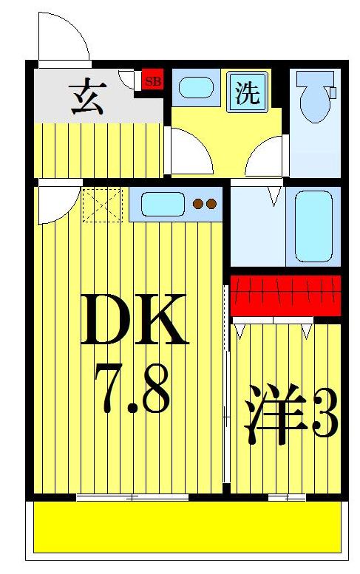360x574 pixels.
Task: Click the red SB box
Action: (x=152, y=81)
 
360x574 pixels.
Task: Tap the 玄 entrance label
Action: (x=87, y=98)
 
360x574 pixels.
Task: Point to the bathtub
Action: (x=314, y=226)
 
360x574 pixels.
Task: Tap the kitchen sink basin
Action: (x=163, y=204)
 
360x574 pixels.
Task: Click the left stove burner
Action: (x=197, y=204)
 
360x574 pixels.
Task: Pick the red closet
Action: (x=285, y=295)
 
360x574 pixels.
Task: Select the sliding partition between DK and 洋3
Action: (x=226, y=384)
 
